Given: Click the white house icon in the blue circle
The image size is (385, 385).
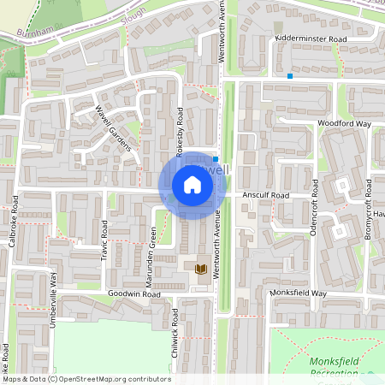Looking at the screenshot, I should [192, 185].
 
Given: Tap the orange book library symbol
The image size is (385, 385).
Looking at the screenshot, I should [201, 269].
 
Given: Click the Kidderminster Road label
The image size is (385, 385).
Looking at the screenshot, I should [311, 40].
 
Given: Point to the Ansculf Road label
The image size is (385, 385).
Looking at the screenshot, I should [266, 195].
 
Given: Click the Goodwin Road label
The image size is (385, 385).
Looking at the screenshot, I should [134, 294].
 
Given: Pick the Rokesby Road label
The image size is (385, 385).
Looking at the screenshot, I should [180, 131].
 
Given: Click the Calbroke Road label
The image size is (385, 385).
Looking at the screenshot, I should [13, 228].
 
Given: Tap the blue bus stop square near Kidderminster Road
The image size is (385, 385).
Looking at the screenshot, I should [290, 76].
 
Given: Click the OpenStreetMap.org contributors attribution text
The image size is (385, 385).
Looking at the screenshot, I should [111, 378].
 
